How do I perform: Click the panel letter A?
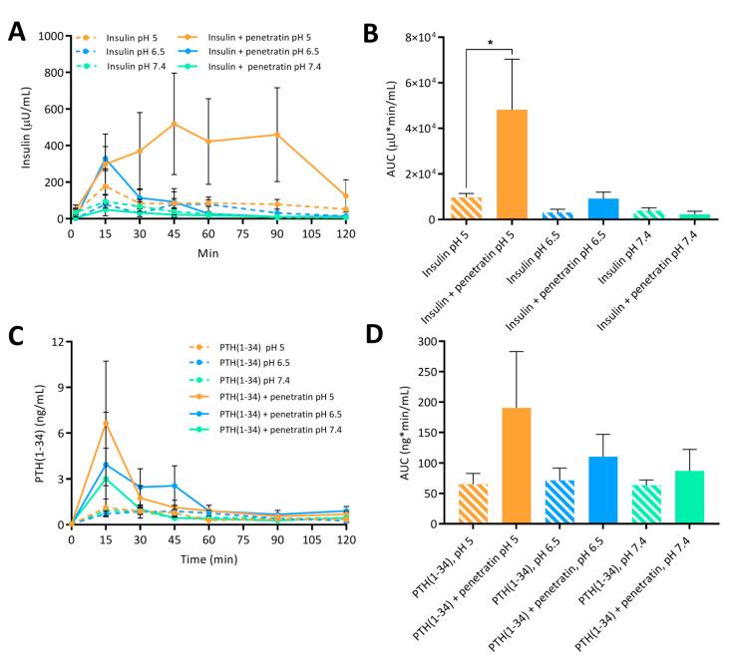tap(17, 30)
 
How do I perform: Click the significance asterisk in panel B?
tap(489, 43)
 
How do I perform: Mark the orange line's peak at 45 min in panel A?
tap(174, 124)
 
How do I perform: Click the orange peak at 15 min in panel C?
tap(105, 423)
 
